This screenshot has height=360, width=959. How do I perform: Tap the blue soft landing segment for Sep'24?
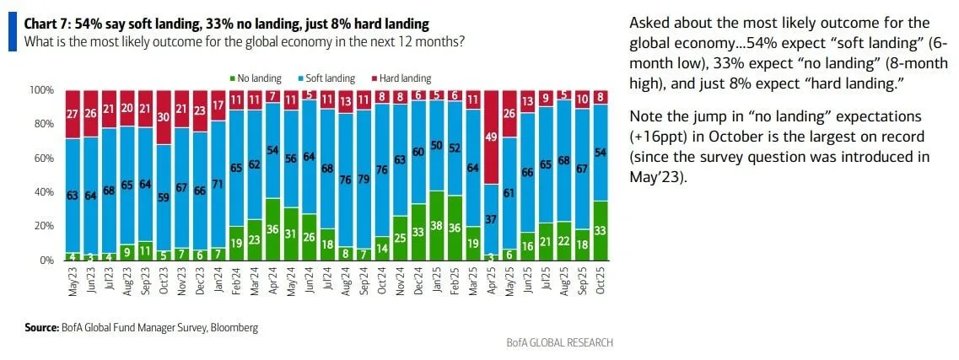363,179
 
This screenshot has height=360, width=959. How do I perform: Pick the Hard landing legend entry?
401,78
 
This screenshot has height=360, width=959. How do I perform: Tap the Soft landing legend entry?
328,78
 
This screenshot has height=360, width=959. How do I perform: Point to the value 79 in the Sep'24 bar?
363,179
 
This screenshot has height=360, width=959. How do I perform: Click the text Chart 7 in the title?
49,23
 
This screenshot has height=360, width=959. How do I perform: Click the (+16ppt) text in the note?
660,136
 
